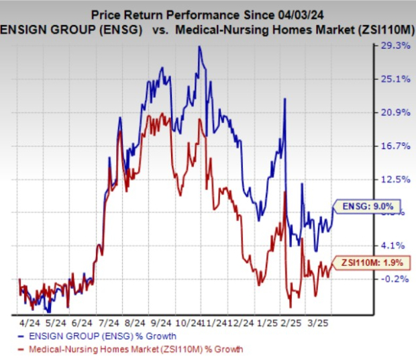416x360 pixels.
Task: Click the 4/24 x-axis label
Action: [x=30, y=323]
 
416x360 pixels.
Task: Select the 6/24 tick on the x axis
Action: [x=85, y=323]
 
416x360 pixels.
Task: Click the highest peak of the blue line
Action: [x=200, y=47]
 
